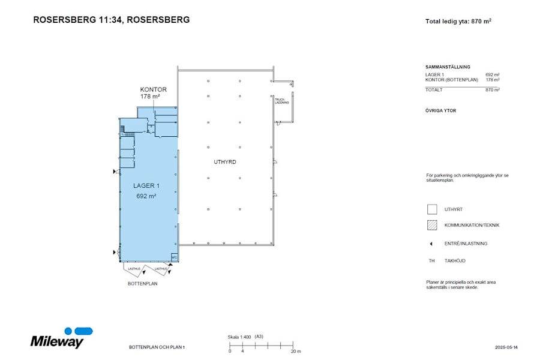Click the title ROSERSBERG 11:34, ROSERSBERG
click(111, 19)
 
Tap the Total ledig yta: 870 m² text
click(458, 21)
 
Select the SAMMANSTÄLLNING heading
click(448, 67)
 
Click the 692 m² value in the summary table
click(492, 74)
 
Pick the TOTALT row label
click(434, 89)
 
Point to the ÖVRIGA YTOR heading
click(440, 110)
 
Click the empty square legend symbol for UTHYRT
click(431, 209)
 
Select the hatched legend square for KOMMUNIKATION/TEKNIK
click(431, 226)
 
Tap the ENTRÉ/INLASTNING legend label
click(466, 244)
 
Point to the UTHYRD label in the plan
click(225, 163)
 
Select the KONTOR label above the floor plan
click(153, 89)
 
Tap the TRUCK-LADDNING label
click(282, 101)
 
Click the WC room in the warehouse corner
click(175, 257)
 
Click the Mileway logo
click(58, 339)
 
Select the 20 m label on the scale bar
click(295, 350)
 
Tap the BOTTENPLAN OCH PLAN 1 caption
click(157, 347)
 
